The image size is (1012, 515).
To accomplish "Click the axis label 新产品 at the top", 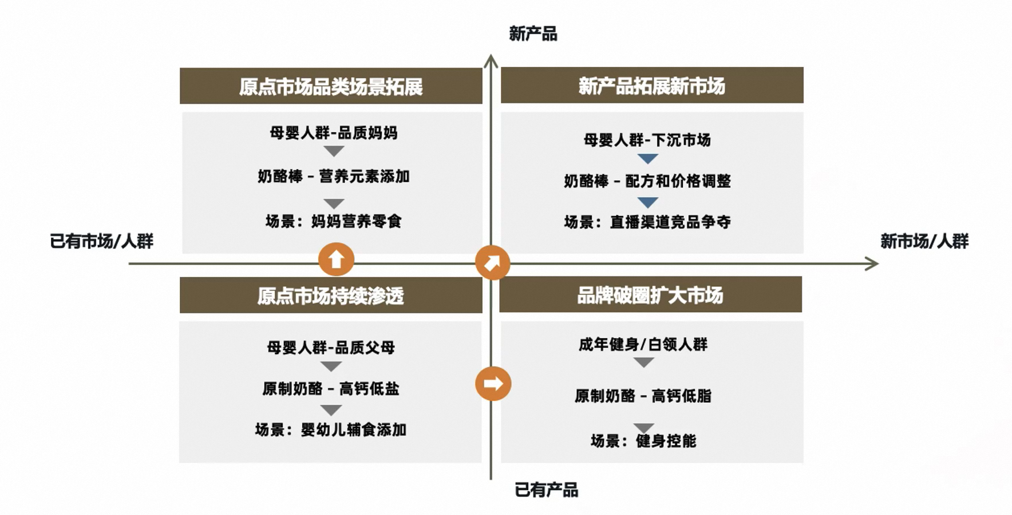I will [533, 34].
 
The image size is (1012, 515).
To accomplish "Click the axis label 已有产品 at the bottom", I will [546, 490].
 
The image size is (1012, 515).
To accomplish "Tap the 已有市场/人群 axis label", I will [102, 241].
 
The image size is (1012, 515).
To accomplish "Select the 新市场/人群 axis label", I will [924, 241].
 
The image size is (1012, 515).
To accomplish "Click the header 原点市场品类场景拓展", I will [331, 86].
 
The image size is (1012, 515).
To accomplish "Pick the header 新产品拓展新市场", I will [652, 86].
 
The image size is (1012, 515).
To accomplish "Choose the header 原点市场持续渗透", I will [331, 296].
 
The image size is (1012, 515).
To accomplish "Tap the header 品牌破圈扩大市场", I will [650, 295].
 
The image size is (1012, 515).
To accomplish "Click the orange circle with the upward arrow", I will [336, 260].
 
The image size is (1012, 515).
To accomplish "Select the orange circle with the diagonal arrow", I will [492, 263].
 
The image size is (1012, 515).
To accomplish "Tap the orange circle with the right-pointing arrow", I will [493, 383].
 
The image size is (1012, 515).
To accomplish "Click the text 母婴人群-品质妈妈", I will [333, 133].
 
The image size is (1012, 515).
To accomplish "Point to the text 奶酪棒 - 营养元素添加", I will [333, 176].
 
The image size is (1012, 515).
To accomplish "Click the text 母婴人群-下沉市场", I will [647, 140].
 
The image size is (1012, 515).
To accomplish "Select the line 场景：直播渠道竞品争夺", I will [647, 222].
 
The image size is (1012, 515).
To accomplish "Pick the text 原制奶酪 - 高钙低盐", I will [330, 389].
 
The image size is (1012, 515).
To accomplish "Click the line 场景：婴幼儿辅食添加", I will [330, 430].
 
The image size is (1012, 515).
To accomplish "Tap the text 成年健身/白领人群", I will [643, 344].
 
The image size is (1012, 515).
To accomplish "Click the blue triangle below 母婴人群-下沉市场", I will [647, 159].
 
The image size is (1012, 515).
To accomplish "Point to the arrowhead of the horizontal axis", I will [872, 264].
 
